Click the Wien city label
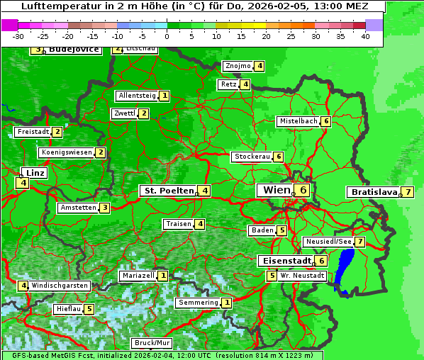pos(277,190)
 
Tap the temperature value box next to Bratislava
pos(408,192)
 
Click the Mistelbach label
pos(299,121)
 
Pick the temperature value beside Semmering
pos(226,303)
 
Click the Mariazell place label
pos(138,275)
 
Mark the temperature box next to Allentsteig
pos(164,96)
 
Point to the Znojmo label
pos(238,66)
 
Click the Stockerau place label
pos(252,157)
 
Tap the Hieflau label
pos(68,309)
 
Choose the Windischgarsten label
pos(60,286)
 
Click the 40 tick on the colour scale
pos(365,36)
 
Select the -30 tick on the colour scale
pos(18,36)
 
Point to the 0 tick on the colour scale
pos(167,36)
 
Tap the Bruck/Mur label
pos(152,343)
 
